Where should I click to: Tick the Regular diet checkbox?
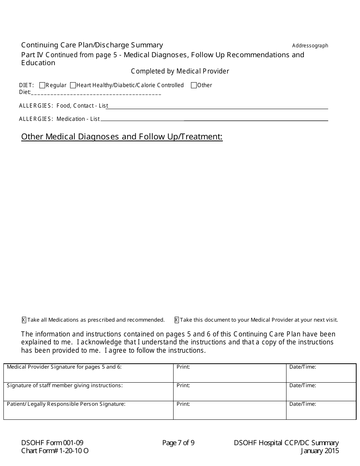click(x=42, y=85)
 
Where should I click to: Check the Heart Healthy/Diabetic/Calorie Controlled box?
click(x=73, y=85)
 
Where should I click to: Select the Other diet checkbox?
click(x=194, y=85)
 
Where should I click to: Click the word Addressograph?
click(x=310, y=46)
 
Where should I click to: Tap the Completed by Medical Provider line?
click(x=180, y=71)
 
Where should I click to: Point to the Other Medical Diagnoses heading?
click(x=122, y=137)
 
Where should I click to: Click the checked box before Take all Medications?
click(x=24, y=320)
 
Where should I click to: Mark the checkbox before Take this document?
click(x=177, y=320)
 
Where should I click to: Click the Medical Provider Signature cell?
click(x=88, y=373)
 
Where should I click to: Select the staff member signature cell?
click(x=88, y=392)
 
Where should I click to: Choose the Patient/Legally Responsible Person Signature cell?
click(x=88, y=410)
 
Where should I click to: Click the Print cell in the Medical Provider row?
click(x=230, y=373)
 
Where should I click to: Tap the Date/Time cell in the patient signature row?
click(x=321, y=410)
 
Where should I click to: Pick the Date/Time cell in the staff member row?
click(x=321, y=392)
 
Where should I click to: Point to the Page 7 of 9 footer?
click(x=178, y=443)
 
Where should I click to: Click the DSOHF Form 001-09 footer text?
click(x=52, y=443)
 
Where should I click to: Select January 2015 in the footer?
click(x=320, y=451)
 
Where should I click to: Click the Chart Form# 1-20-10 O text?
click(x=55, y=451)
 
